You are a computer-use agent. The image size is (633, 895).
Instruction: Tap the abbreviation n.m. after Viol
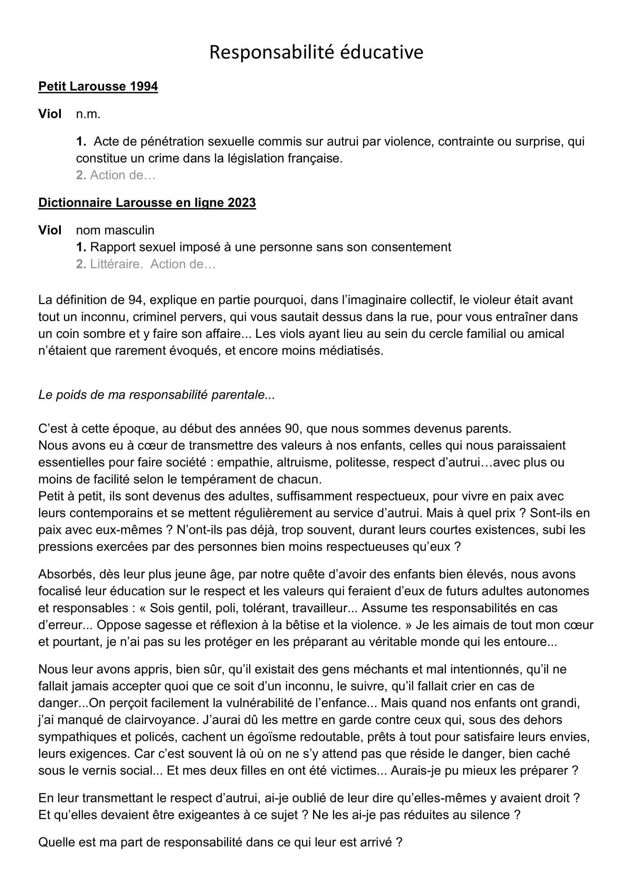click(88, 114)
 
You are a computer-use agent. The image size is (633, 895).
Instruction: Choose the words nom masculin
click(115, 230)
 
